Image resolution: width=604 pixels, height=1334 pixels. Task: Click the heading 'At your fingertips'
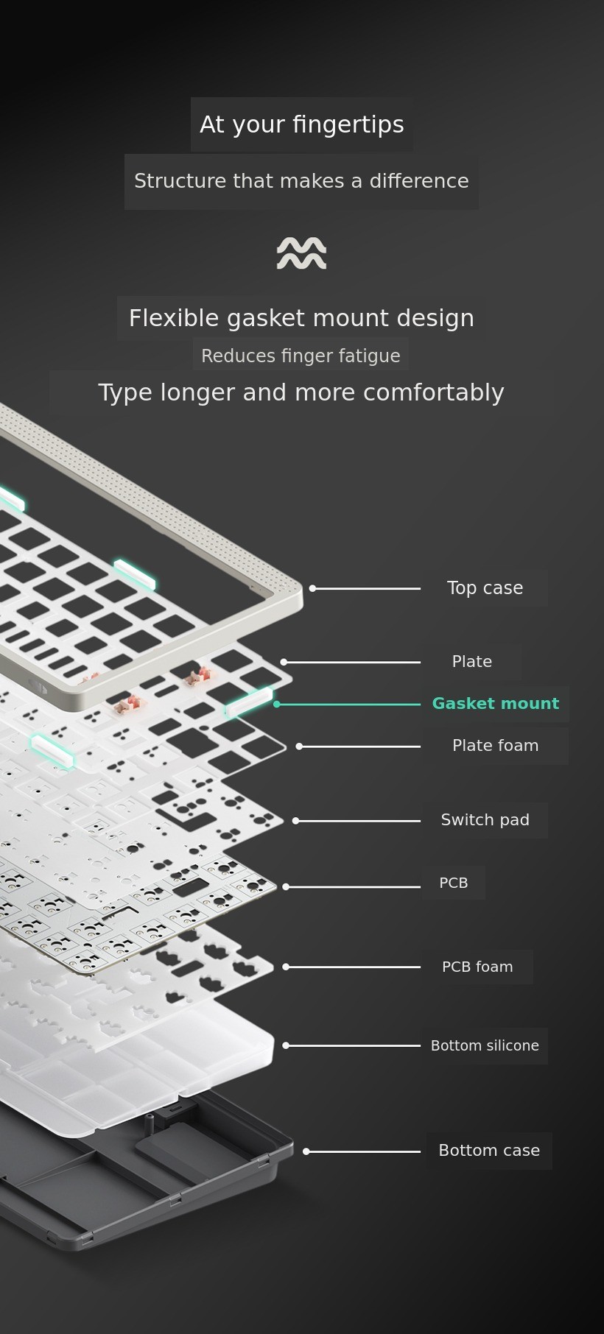(301, 124)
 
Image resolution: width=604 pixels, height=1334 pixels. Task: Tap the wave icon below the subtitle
(301, 253)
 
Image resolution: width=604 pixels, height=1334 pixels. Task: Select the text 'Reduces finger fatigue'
(301, 356)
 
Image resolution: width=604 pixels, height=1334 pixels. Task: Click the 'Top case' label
(485, 588)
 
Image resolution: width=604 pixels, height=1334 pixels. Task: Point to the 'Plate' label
(472, 662)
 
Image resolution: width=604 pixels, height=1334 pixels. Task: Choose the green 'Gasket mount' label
(496, 704)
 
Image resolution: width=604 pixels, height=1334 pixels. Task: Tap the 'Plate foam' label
(496, 746)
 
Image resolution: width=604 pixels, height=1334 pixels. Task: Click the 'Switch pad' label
(485, 820)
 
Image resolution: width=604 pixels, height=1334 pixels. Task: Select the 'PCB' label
(454, 883)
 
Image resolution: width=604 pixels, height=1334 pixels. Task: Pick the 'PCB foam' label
(477, 967)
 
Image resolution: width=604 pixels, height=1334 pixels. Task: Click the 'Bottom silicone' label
(485, 1045)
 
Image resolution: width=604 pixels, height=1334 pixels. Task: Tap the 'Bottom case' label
(489, 1151)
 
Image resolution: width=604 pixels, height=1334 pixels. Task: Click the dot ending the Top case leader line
(312, 588)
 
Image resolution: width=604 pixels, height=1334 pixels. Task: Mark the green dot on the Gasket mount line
(277, 705)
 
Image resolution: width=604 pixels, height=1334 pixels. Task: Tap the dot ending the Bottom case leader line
(306, 1151)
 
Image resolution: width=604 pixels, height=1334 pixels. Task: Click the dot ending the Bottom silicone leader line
(286, 1045)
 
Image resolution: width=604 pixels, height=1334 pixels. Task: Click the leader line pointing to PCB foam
(353, 967)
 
